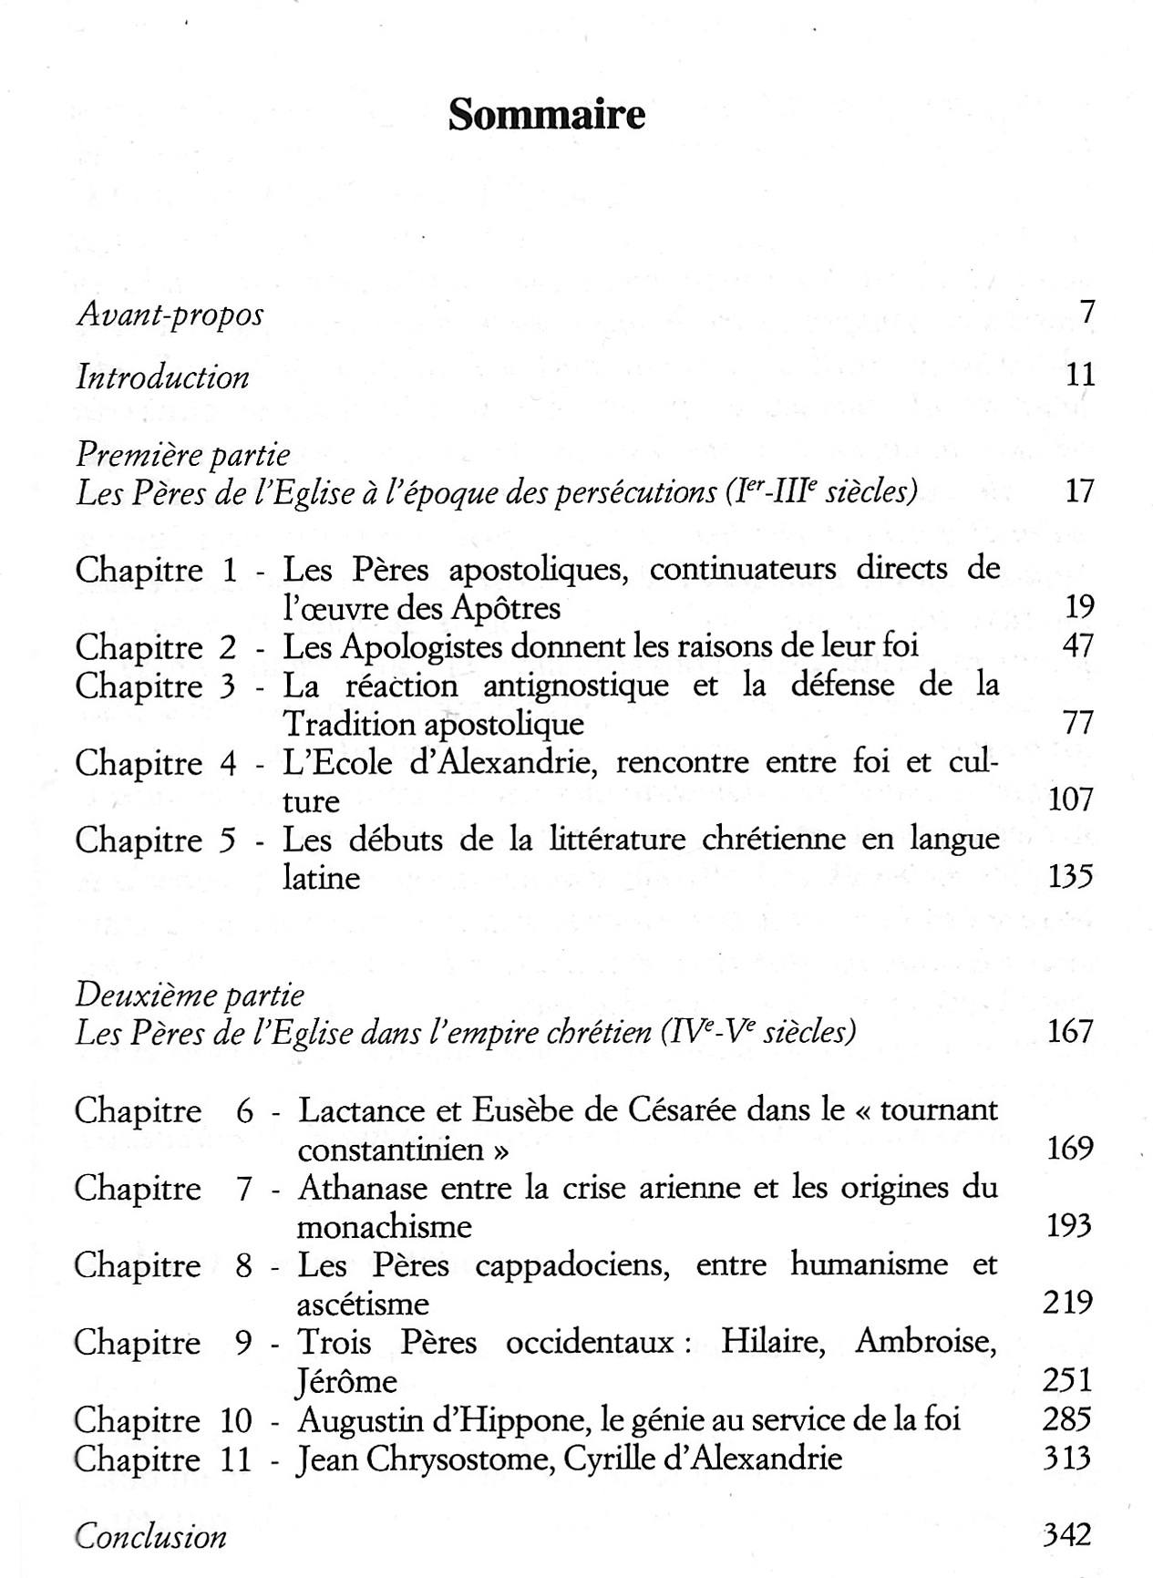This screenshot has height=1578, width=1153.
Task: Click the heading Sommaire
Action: [546, 116]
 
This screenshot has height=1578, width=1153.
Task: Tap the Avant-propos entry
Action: [170, 315]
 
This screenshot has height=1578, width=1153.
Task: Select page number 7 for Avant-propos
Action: [1086, 313]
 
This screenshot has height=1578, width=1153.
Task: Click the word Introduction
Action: [162, 377]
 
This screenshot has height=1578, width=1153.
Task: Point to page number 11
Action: [1080, 375]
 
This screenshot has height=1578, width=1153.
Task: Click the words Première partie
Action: [183, 454]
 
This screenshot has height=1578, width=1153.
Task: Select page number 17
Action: [1079, 491]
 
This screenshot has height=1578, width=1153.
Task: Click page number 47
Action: [1078, 645]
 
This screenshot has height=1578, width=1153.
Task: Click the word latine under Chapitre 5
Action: [322, 878]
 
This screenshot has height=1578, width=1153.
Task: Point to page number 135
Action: [1070, 877]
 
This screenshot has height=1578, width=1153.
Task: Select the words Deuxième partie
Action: [190, 995]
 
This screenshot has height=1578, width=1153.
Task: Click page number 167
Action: [1069, 1032]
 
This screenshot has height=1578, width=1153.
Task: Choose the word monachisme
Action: [384, 1227]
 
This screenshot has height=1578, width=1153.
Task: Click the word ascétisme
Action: [363, 1305]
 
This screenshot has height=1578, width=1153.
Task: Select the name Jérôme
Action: [347, 1382]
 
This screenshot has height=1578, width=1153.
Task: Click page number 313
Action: [1067, 1459]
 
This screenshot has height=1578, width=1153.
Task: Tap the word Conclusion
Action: [150, 1537]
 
